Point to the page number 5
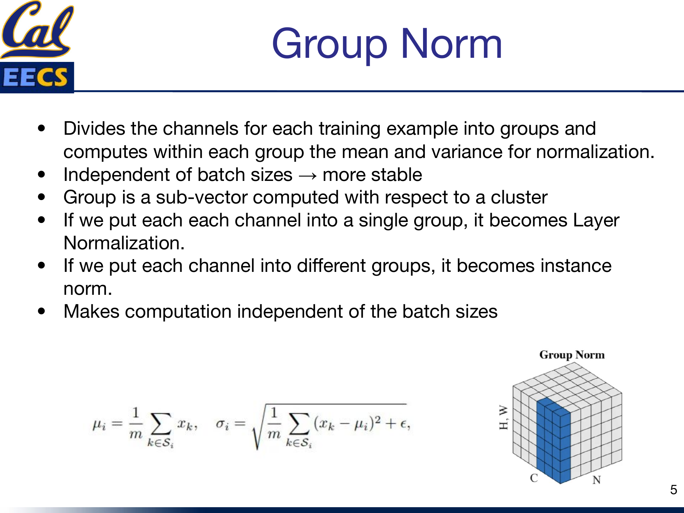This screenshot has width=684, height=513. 673,490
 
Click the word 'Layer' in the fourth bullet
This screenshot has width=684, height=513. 596,221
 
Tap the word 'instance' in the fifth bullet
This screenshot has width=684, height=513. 576,266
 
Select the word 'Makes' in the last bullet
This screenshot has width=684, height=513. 91,312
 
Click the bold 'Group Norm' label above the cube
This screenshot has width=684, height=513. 572,355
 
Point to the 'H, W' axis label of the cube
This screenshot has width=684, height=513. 503,418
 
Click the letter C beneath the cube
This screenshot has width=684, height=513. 534,478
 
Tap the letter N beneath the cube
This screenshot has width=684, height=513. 596,480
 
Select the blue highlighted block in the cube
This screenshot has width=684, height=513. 553,441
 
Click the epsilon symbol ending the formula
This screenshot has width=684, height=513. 404,424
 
